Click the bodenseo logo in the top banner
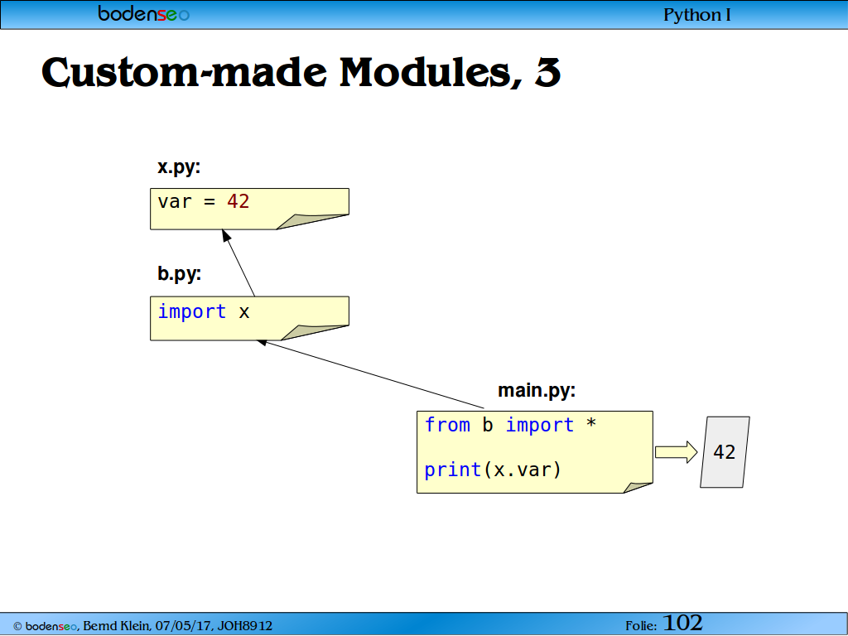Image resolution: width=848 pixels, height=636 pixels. click(143, 13)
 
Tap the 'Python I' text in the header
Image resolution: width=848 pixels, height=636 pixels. click(696, 15)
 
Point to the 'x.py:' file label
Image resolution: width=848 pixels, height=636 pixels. click(179, 167)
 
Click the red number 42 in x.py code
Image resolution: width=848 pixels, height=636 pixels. click(238, 201)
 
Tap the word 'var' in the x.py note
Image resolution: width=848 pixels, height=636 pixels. click(175, 202)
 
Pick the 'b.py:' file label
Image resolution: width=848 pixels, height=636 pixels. click(179, 273)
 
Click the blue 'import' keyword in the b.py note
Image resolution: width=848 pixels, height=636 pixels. click(192, 311)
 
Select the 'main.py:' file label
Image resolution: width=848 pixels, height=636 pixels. click(537, 390)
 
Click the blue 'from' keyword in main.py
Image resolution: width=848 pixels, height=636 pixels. click(447, 425)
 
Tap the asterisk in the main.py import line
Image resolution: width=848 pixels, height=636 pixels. click(591, 423)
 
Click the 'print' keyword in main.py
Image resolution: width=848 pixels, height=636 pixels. click(453, 470)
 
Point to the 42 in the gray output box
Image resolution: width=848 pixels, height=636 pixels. click(724, 451)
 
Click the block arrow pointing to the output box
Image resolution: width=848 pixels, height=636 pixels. click(676, 452)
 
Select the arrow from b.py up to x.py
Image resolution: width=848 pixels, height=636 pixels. click(238, 263)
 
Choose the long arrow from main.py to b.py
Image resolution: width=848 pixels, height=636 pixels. click(370, 374)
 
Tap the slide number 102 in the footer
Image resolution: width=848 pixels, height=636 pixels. click(682, 623)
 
